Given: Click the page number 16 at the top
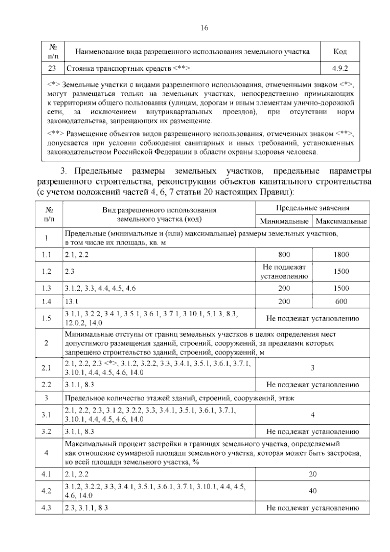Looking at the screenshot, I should point(204,28).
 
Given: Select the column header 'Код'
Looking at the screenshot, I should point(340,51).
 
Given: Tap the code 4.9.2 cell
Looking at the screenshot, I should point(340,68).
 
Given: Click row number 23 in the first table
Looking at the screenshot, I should point(53,68).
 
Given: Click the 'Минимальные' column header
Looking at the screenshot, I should point(284,222).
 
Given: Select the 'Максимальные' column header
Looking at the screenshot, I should point(341,222).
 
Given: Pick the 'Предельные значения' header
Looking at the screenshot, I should point(313,208).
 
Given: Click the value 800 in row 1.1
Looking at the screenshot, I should point(284,255).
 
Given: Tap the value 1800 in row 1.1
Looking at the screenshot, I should point(341,255).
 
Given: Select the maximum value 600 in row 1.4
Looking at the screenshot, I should point(341,302).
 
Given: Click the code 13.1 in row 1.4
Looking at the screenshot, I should point(71,302).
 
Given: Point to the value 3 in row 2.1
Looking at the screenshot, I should point(313,368).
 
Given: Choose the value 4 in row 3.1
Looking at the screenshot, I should point(313,415).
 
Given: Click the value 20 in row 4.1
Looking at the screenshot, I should point(313,474).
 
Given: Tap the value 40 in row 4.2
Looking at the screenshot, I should point(313,491).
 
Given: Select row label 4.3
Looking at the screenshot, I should point(46,508).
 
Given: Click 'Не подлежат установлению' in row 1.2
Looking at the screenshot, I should point(284,272).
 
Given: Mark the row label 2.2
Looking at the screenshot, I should point(46,385).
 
